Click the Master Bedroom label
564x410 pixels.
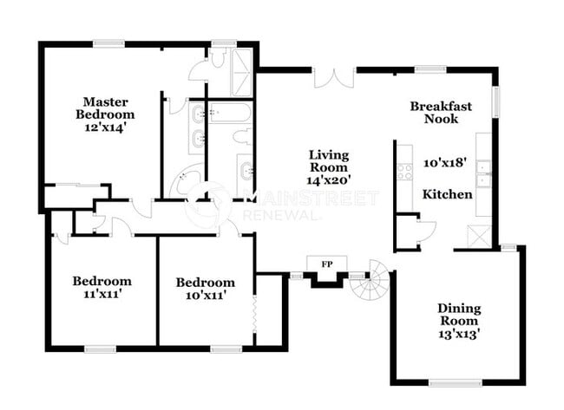[104, 107]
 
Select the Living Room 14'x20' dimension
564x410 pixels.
[329, 180]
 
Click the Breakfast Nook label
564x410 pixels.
[441, 113]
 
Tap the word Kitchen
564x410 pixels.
[447, 194]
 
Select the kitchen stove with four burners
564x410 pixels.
[404, 171]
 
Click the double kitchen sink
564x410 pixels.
[482, 173]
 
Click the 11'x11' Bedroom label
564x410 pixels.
[102, 287]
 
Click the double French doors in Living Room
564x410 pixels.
[333, 78]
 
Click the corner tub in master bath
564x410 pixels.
[188, 182]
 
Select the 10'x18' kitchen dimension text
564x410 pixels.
[444, 162]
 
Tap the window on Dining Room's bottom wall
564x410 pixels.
[456, 381]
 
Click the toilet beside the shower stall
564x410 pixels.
[217, 58]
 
